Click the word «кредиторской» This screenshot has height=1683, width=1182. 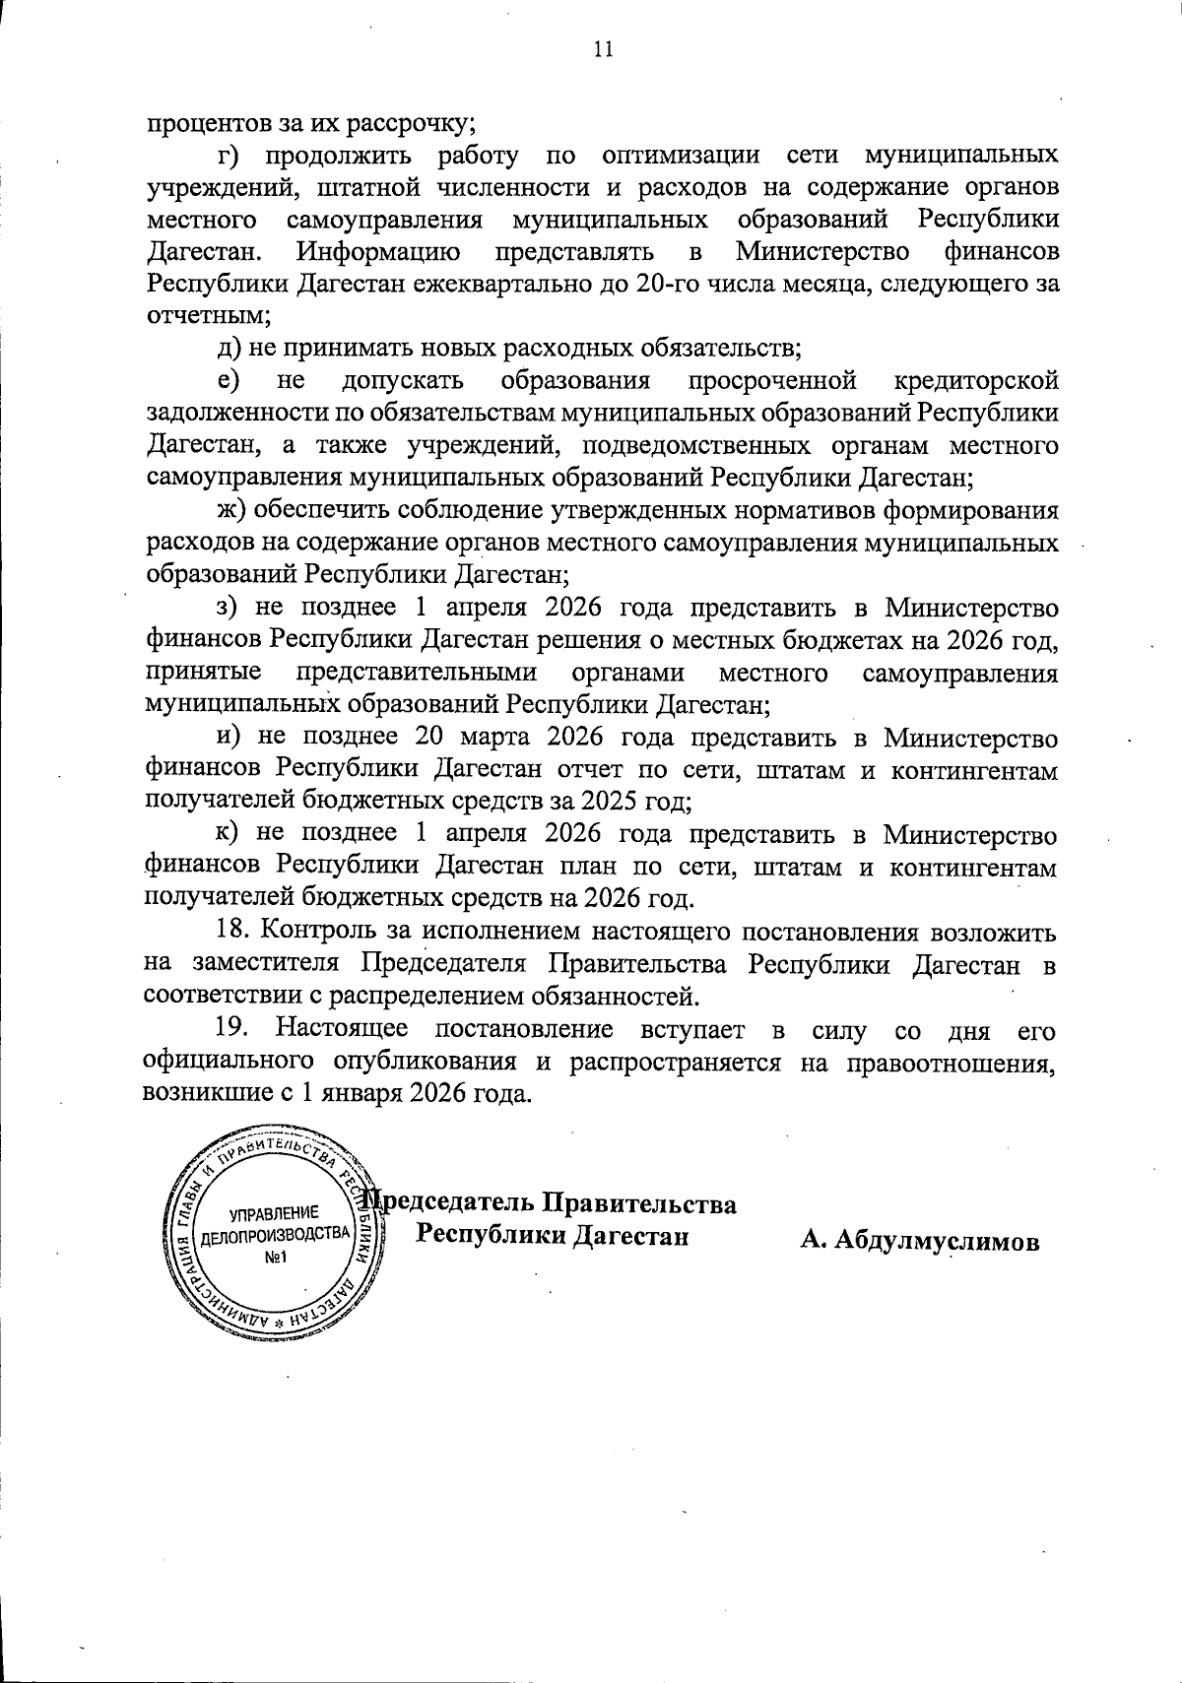tap(977, 381)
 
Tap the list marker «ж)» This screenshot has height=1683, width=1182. tap(232, 510)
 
